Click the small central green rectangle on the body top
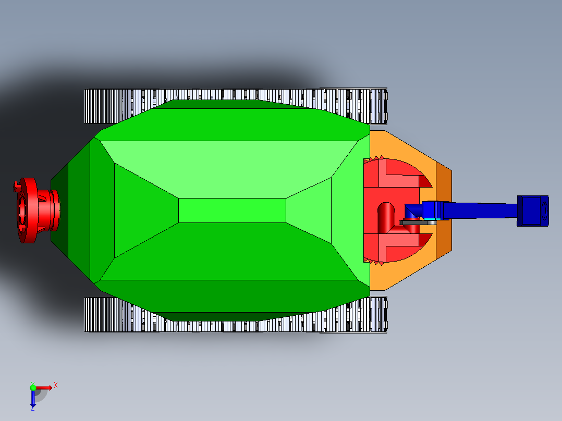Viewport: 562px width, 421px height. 232,210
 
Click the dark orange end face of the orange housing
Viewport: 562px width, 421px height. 444,211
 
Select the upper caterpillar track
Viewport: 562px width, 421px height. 235,96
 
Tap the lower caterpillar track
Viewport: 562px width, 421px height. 235,323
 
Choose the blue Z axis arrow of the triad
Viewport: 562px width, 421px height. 33,399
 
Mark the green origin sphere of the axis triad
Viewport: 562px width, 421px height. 33,387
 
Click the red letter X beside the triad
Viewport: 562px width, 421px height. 56,385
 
